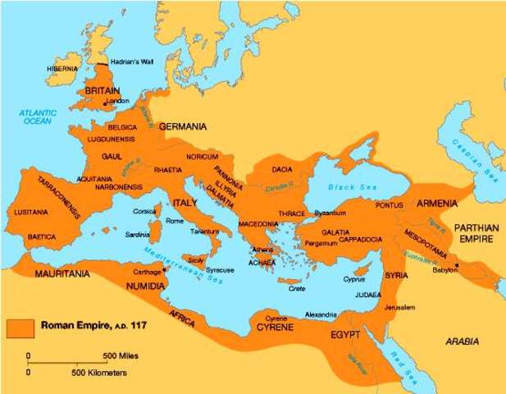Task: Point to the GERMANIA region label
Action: coord(182,127)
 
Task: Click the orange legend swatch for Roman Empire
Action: coord(20,326)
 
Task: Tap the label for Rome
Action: coord(175,221)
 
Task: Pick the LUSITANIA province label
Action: coord(32,212)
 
